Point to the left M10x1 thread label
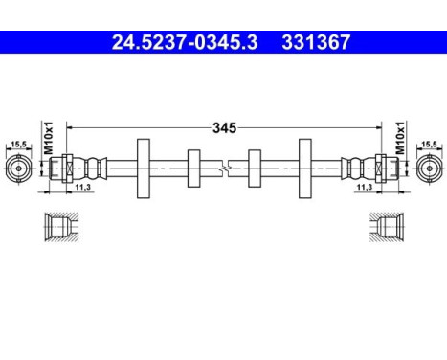point(46,133)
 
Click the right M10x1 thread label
point(400,133)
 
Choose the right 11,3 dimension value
point(365,189)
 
